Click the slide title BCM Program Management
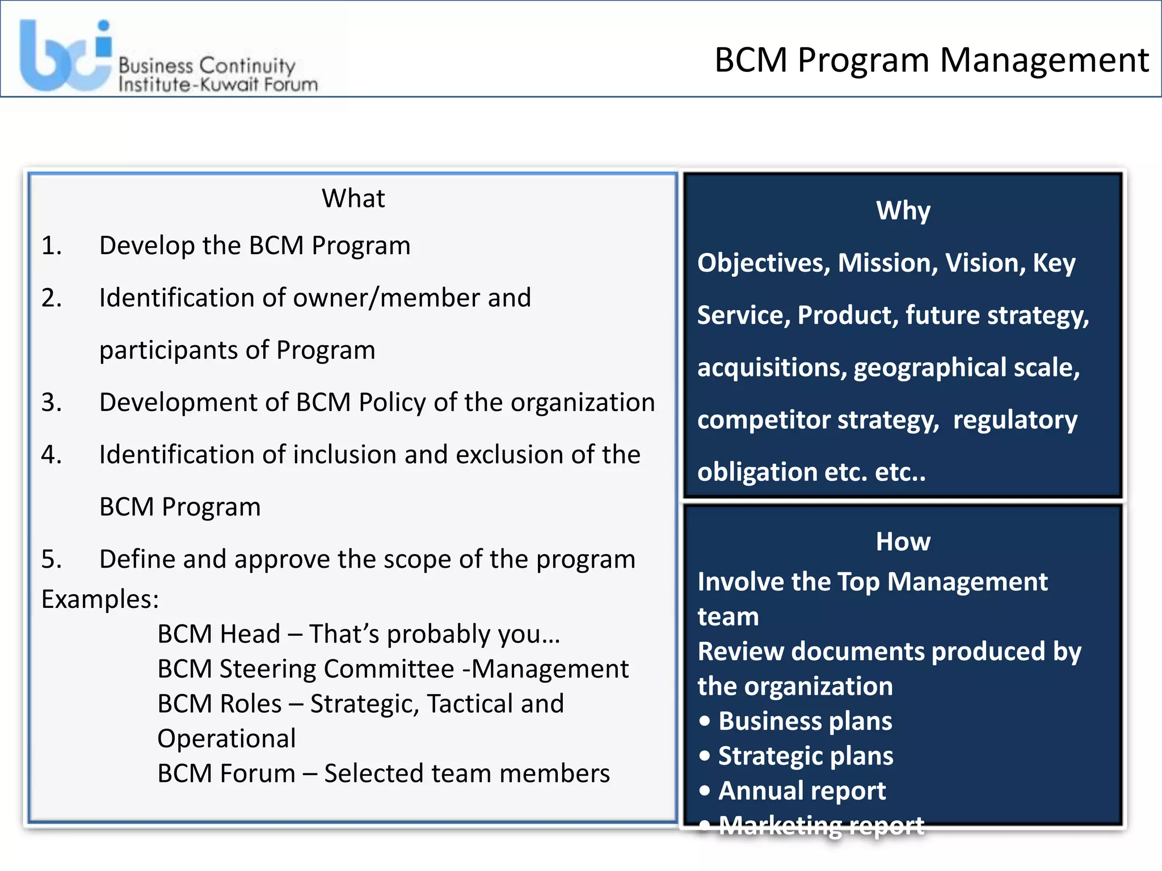[931, 60]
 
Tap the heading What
[353, 198]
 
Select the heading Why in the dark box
[903, 211]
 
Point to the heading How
[903, 542]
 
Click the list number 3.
[51, 403]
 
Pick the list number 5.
[51, 560]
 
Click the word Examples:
[100, 599]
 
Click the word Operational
[226, 739]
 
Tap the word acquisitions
[772, 368]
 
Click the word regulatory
[1015, 420]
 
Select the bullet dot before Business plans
[705, 721]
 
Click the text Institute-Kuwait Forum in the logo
[218, 85]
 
